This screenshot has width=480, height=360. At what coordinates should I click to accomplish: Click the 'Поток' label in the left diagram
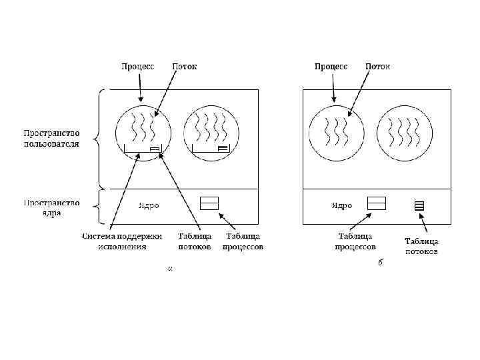tap(185, 67)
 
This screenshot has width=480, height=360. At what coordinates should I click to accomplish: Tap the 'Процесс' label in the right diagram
tap(331, 67)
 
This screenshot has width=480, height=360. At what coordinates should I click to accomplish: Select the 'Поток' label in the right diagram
tap(378, 67)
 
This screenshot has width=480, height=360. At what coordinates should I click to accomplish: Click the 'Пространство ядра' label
tap(52, 207)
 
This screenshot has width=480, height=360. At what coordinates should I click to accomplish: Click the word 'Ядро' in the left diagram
tap(149, 206)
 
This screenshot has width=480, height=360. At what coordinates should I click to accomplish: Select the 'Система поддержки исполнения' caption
tap(122, 241)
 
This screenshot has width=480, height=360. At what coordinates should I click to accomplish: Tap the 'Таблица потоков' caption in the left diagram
tap(195, 241)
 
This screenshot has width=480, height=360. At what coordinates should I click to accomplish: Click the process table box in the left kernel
tap(210, 203)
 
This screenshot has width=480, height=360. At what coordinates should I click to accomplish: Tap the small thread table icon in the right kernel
tap(419, 205)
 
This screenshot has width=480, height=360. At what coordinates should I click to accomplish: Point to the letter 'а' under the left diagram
tap(171, 268)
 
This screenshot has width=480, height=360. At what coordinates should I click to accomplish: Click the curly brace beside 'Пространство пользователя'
tap(99, 139)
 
